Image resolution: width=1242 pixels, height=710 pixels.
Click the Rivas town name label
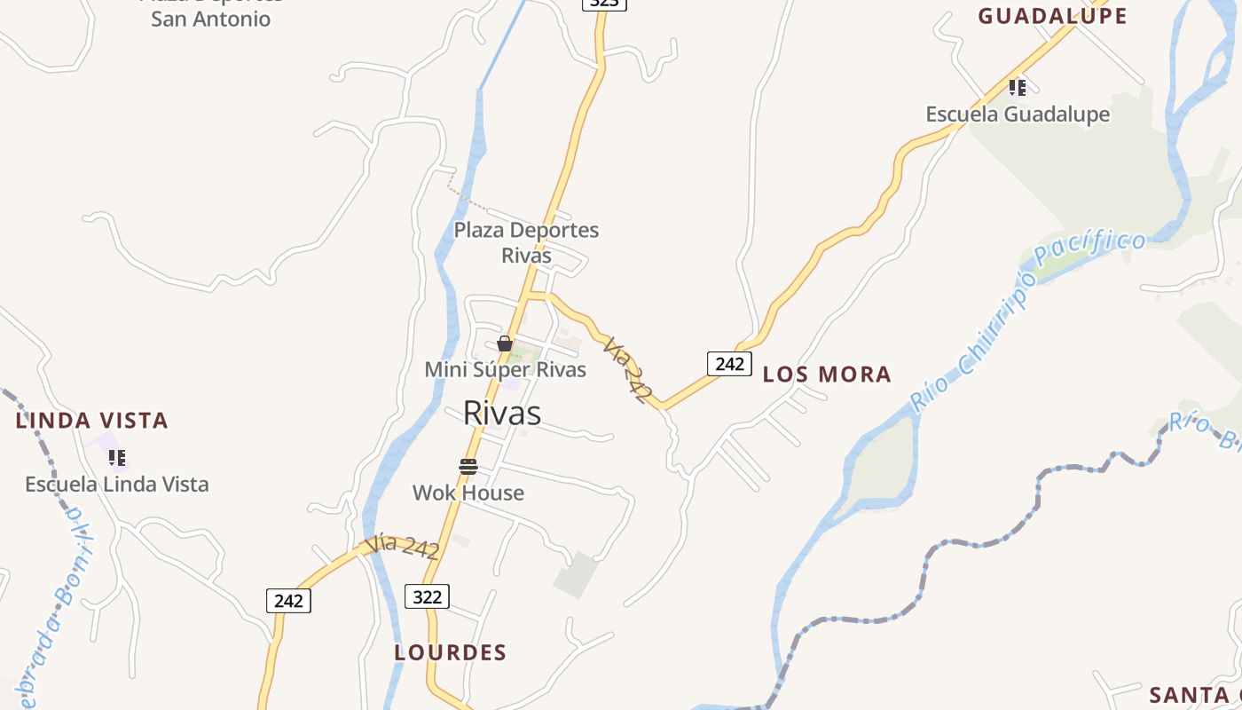coord(502,413)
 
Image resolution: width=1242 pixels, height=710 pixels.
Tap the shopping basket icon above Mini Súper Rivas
coord(505,343)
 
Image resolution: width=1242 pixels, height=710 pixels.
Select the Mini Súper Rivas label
coord(506,369)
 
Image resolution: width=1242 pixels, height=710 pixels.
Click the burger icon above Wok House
coord(468,467)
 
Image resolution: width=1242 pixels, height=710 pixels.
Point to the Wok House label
coord(468,493)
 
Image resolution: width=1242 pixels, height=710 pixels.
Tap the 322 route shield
coord(427,596)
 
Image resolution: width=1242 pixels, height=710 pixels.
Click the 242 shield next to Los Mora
coord(729,364)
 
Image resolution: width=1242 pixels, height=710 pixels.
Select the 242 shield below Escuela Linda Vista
coord(288,601)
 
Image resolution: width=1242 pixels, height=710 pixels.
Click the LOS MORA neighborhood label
coord(827,375)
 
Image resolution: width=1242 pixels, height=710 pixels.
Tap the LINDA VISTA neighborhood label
coord(92,421)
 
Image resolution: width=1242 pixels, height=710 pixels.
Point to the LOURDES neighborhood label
coord(451,653)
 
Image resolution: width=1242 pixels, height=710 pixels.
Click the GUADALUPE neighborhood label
coord(1052,16)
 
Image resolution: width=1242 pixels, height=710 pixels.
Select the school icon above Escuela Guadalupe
coord(1018,87)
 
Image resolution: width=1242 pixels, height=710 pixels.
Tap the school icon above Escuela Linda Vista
coord(116,458)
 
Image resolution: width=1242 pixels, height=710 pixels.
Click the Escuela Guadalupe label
coord(1018,114)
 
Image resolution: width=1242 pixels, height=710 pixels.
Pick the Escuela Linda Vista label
coord(117,485)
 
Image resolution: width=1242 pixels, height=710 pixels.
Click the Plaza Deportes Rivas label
coord(526,242)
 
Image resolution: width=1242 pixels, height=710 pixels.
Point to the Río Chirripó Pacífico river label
coord(1029,319)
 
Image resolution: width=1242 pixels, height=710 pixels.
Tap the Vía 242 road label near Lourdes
coord(402,546)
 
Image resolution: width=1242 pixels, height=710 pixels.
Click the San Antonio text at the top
coord(210,19)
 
